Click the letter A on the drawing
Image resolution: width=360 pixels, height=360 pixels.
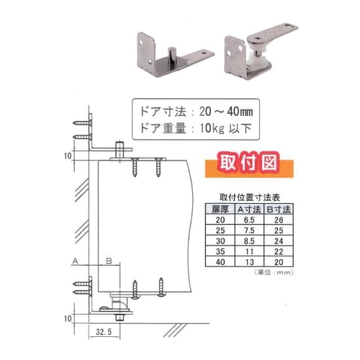pyautogui.click(x=74, y=261)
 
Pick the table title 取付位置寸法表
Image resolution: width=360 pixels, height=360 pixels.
pyautogui.click(x=249, y=197)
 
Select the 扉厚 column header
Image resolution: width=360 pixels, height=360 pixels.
pyautogui.click(x=220, y=209)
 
